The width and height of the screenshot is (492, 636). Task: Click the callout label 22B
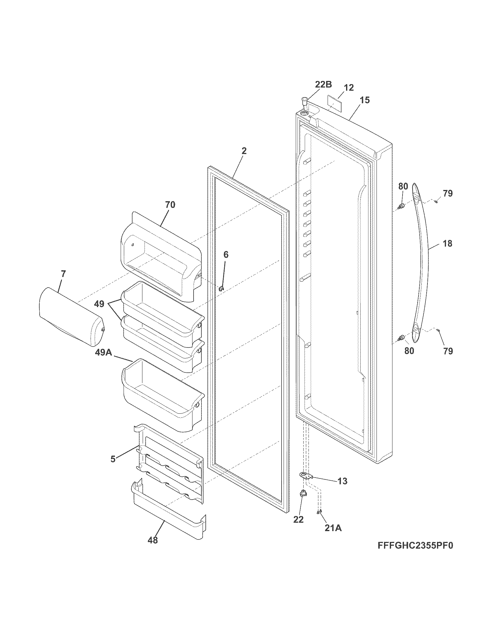(x=324, y=84)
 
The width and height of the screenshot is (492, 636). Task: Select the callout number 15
(x=365, y=100)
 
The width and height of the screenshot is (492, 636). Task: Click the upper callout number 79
(x=448, y=193)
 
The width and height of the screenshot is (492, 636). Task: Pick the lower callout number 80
(x=409, y=351)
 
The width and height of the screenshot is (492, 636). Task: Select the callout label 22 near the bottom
(x=298, y=519)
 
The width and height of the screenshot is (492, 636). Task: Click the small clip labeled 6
(x=221, y=289)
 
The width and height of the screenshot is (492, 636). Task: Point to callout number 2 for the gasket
(x=244, y=151)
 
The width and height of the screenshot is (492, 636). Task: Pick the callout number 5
(x=113, y=459)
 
